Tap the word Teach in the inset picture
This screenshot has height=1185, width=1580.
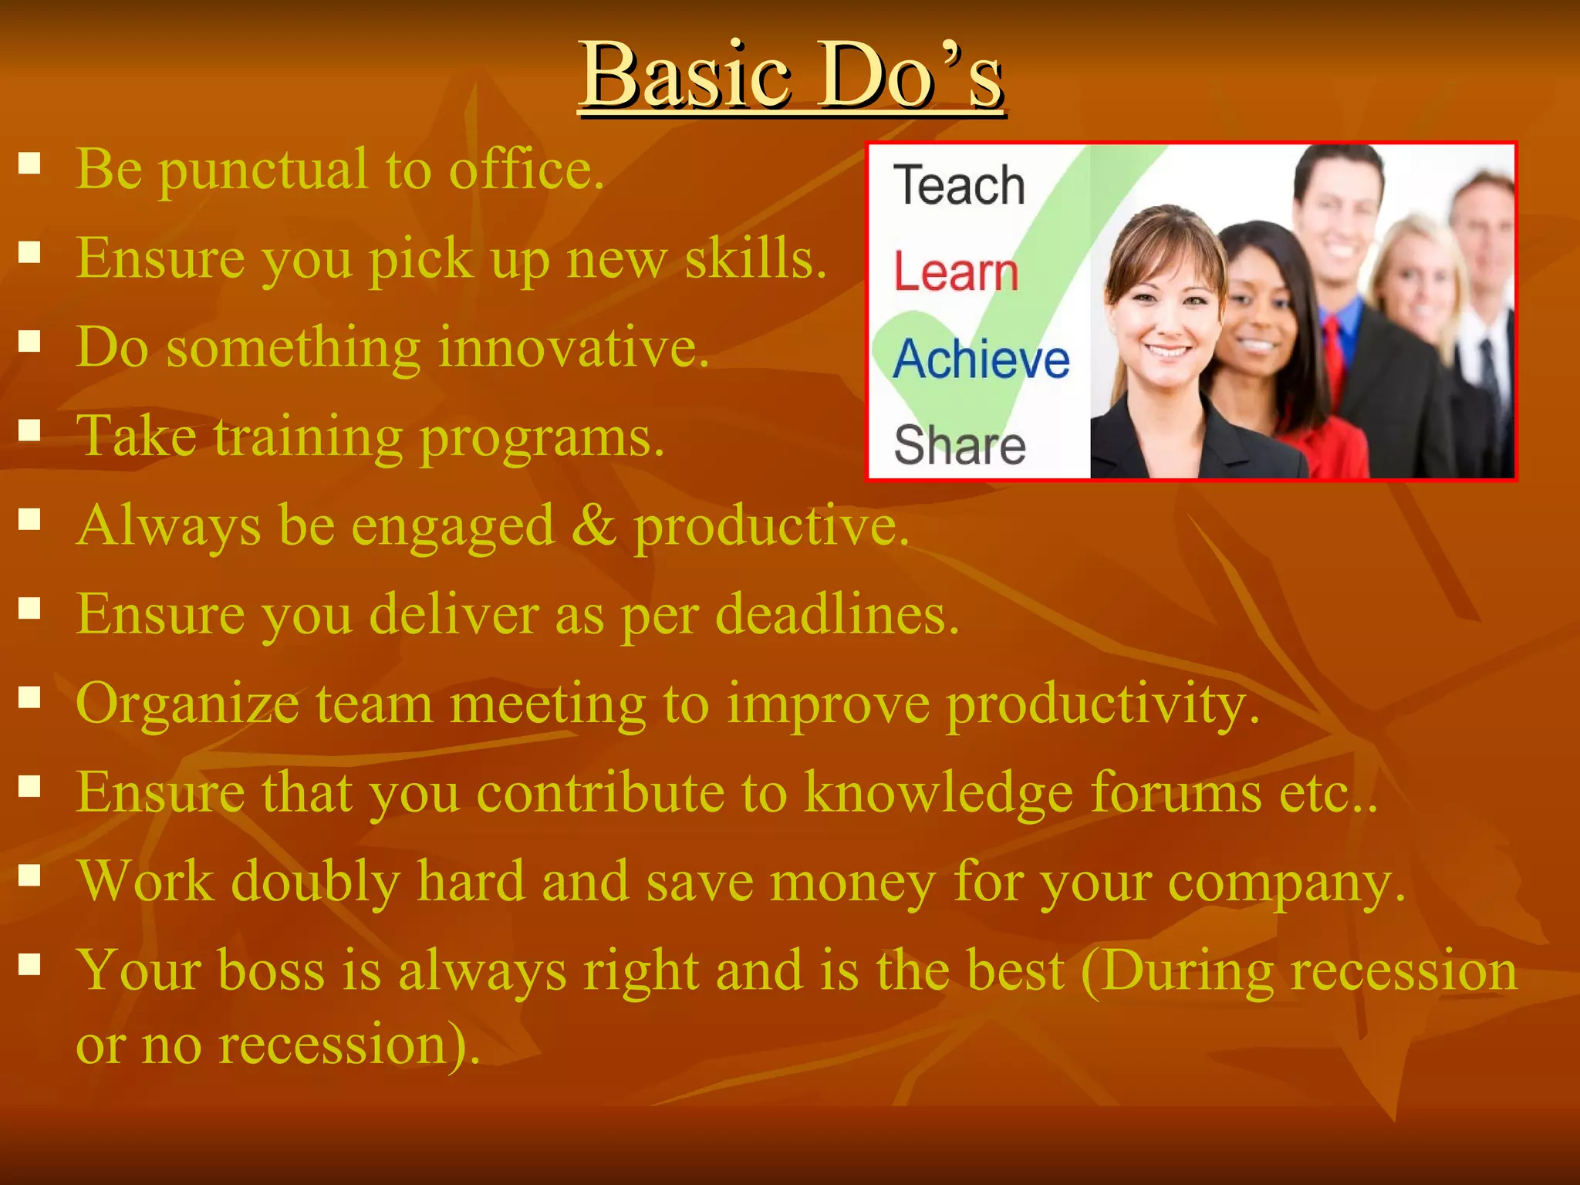pos(959,186)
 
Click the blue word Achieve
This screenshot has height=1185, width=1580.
pos(981,360)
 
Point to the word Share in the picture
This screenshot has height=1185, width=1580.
pos(960,445)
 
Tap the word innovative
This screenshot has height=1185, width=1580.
pos(573,348)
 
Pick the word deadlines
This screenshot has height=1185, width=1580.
pos(837,615)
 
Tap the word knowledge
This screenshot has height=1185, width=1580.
pos(938,793)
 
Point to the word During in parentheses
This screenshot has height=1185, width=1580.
pos(1177,971)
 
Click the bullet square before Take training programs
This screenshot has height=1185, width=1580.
pos(29,430)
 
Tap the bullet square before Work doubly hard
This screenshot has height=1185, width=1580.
pos(29,875)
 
